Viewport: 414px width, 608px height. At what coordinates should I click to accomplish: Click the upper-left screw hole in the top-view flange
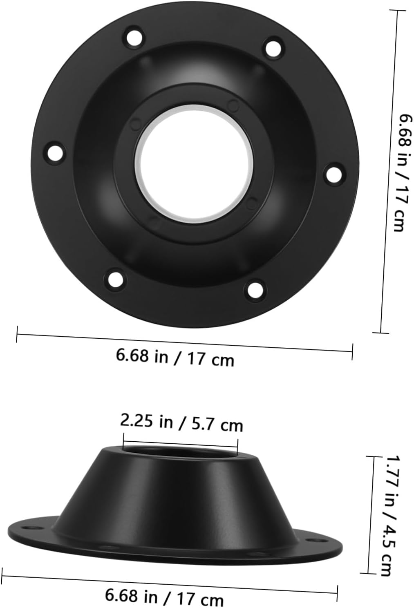pos(134,37)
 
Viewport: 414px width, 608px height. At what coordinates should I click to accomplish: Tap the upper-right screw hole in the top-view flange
pos(274,48)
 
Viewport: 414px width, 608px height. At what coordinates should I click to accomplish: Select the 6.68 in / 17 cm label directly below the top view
pos(175,358)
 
